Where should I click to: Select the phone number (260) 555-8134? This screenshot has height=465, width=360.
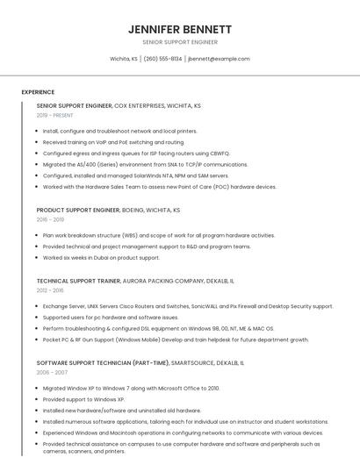click(163, 59)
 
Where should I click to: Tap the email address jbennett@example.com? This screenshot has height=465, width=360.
click(219, 59)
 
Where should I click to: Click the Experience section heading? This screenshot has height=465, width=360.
click(38, 92)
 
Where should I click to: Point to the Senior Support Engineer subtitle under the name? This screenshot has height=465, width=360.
click(179, 42)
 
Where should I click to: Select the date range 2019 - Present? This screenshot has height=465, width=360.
click(55, 115)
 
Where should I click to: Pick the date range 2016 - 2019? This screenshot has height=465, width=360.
click(50, 220)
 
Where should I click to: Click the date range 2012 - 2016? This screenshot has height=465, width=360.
click(50, 290)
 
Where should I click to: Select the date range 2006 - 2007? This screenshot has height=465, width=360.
click(52, 372)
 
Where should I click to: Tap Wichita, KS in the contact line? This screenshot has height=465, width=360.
click(123, 59)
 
